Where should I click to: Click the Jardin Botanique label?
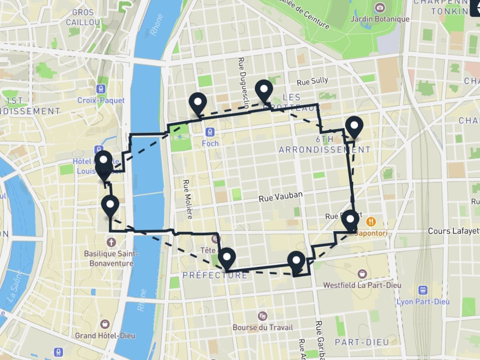click(x=380, y=19)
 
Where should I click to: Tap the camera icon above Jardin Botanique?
click(x=380, y=8)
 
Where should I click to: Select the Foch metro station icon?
click(x=210, y=132)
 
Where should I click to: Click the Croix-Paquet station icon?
click(x=101, y=89)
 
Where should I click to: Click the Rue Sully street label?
click(x=312, y=81)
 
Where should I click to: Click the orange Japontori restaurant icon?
click(x=372, y=221)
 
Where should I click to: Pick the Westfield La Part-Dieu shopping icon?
click(x=362, y=274)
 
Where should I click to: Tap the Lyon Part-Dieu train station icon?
click(x=423, y=290)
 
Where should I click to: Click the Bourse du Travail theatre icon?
click(x=262, y=316)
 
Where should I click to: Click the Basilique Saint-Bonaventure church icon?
click(x=111, y=242)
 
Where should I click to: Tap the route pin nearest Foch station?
click(x=198, y=102)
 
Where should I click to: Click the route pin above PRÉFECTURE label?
click(x=227, y=258)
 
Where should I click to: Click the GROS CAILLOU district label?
click(x=83, y=17)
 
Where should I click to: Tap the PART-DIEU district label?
click(x=362, y=342)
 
